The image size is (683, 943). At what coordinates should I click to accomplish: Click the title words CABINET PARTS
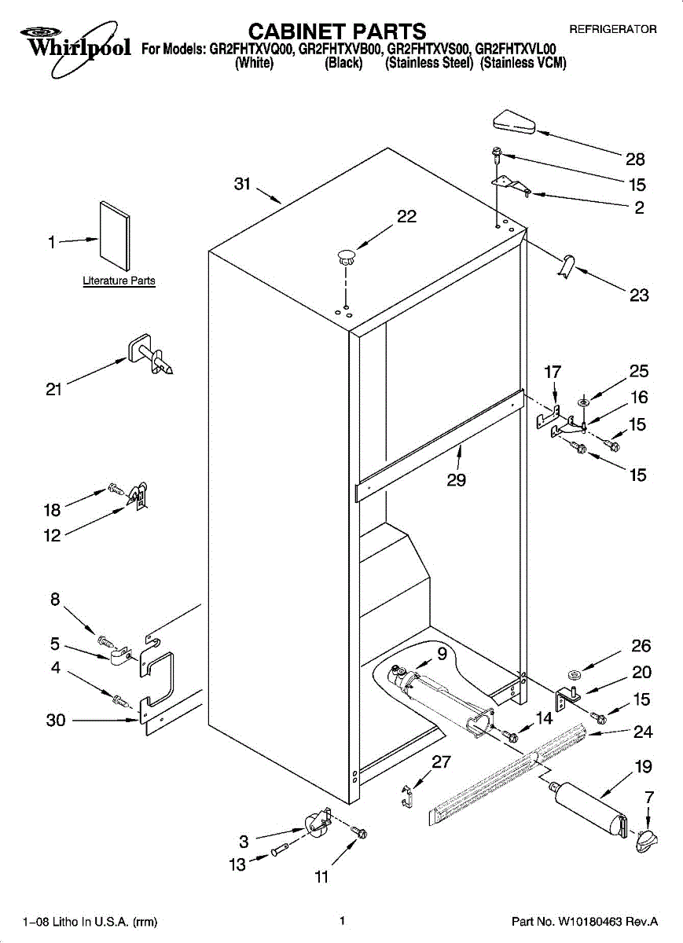pos(337,31)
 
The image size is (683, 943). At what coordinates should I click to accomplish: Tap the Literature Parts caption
pos(119,281)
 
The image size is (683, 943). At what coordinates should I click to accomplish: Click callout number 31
pos(242,185)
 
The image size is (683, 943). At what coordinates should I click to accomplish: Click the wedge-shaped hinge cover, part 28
pos(514,123)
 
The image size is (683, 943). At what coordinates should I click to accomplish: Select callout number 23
pos(639,295)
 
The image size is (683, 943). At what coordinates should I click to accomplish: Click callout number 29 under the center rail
pos(457,479)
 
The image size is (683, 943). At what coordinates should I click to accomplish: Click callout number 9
pos(442,652)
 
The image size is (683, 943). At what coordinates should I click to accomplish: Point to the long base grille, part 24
pos(509,775)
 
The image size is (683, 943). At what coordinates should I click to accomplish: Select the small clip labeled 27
pos(406,794)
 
